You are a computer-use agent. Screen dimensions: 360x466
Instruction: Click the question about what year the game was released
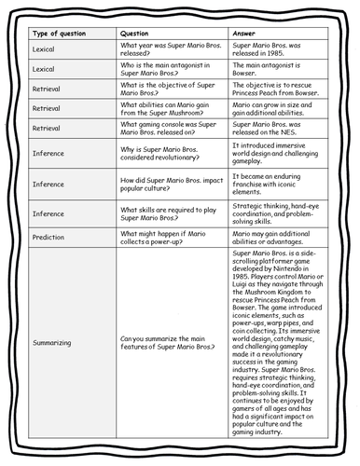pos(164,51)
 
